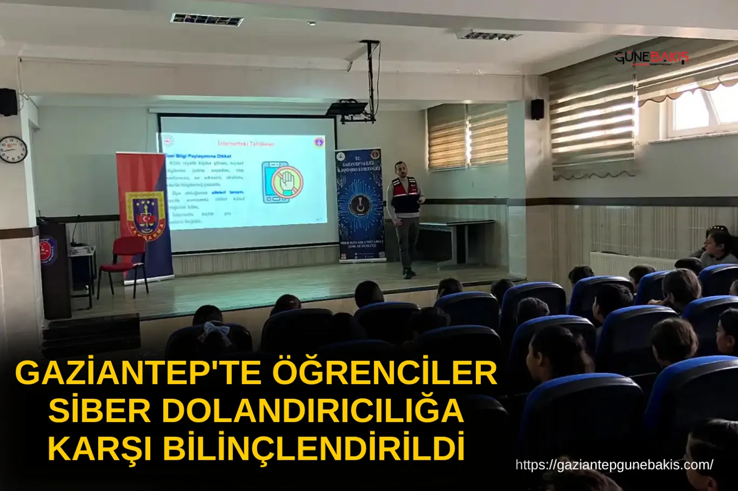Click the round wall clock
13,149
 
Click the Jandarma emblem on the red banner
145,213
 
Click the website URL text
614,465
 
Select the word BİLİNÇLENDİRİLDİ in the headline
314,448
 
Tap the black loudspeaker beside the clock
8,102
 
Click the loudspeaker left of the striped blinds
537,109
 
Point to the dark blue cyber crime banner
359,205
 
